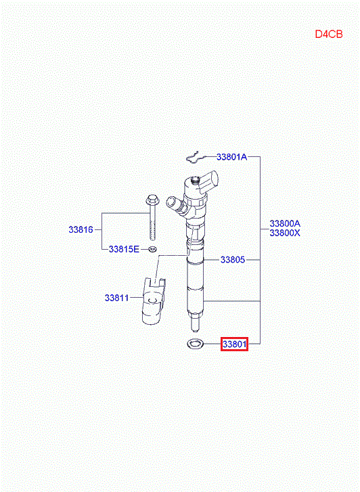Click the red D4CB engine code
pyautogui.click(x=329, y=34)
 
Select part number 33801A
pyautogui.click(x=231, y=157)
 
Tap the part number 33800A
pyautogui.click(x=285, y=223)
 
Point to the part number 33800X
pyautogui.click(x=285, y=233)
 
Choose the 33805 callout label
pyautogui.click(x=233, y=260)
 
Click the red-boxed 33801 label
pyautogui.click(x=234, y=344)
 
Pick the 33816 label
pyautogui.click(x=81, y=229)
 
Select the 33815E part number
pyautogui.click(x=124, y=249)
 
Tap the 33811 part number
pyautogui.click(x=117, y=298)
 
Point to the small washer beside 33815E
pyautogui.click(x=153, y=250)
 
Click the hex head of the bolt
pyautogui.click(x=152, y=199)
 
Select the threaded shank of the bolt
pyautogui.click(x=152, y=222)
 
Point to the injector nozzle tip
pyautogui.click(x=195, y=326)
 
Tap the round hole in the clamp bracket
pyautogui.click(x=152, y=300)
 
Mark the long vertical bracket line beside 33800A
pyautogui.click(x=261, y=250)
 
